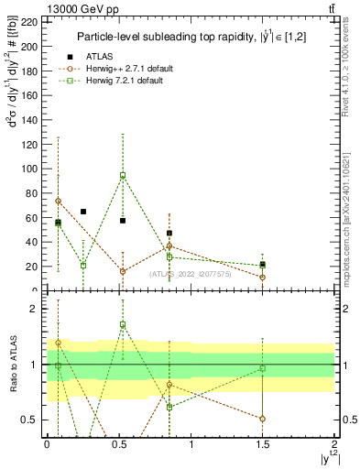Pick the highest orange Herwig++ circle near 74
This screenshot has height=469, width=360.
tap(58, 201)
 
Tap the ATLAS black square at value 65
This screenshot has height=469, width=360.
tap(83, 212)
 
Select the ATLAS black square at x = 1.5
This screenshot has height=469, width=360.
tap(263, 265)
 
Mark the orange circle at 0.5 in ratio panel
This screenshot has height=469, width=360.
tap(263, 419)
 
